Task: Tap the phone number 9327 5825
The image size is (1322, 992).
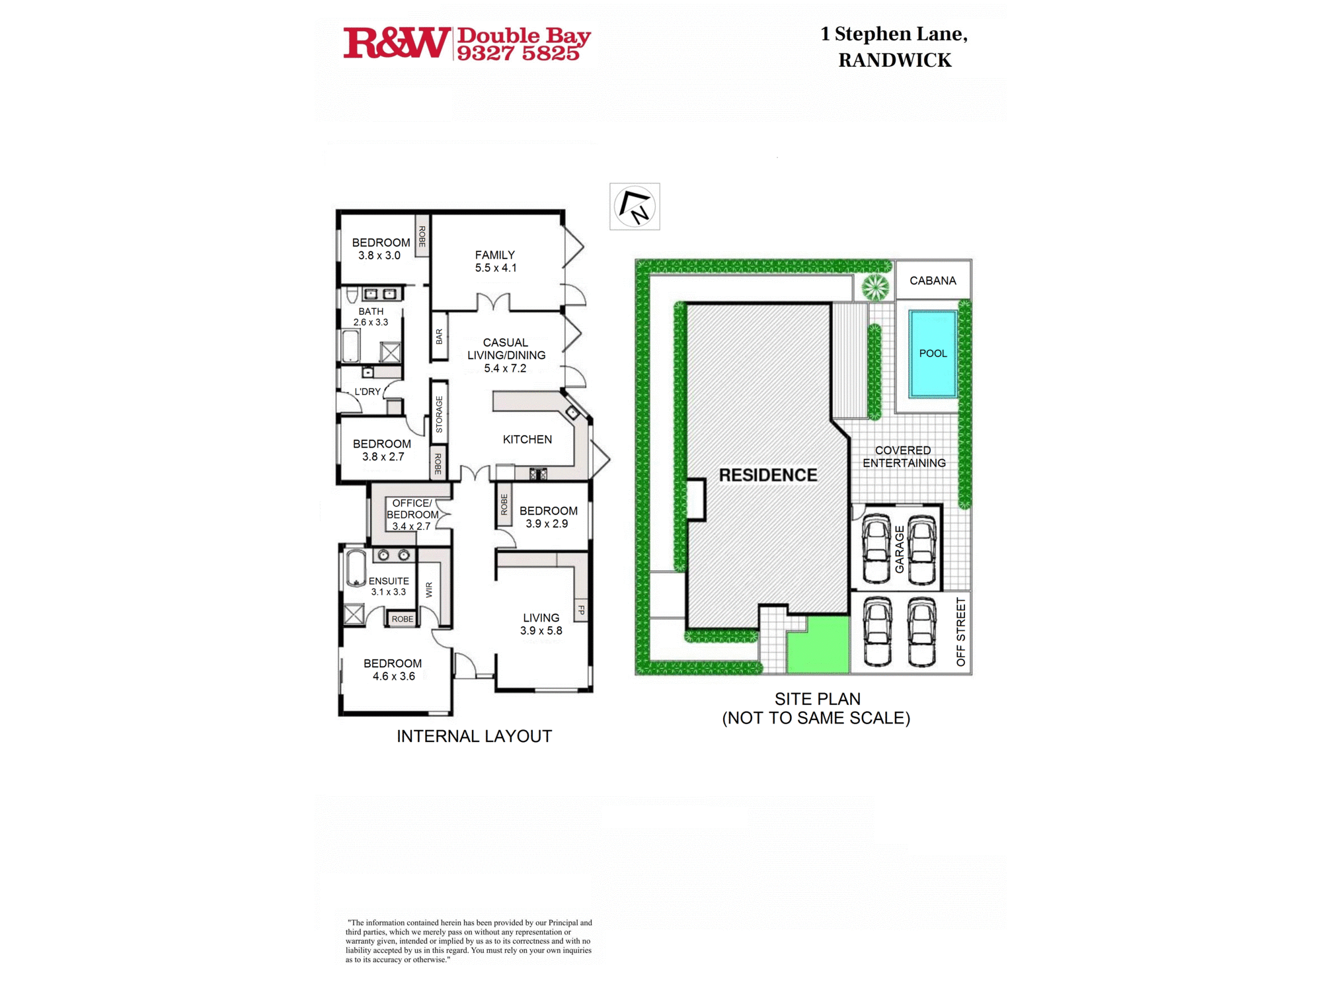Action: [x=518, y=54]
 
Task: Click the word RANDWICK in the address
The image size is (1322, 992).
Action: [x=895, y=60]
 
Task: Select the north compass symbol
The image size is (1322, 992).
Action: [x=635, y=206]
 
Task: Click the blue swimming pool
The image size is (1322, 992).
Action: [x=933, y=354]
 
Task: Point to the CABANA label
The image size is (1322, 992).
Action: [x=933, y=280]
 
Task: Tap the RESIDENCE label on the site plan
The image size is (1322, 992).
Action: [x=768, y=475]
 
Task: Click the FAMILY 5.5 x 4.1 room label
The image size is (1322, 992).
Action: [x=495, y=261]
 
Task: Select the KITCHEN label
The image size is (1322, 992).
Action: [x=527, y=439]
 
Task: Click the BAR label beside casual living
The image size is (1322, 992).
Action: [x=439, y=337]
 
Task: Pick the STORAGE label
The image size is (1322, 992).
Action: [x=439, y=415]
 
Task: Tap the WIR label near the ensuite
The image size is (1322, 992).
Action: [x=429, y=589]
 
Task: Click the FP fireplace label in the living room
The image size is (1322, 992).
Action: [x=581, y=610]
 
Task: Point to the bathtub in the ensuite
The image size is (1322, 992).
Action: [x=356, y=568]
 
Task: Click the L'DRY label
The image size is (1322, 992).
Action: [x=368, y=392]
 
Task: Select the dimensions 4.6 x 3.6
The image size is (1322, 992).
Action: [x=394, y=676]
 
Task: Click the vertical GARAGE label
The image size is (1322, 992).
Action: [x=899, y=549]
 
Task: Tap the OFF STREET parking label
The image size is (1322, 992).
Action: [x=960, y=632]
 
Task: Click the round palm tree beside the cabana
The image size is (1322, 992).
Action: [x=875, y=287]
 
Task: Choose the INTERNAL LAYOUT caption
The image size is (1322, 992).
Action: [x=474, y=736]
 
